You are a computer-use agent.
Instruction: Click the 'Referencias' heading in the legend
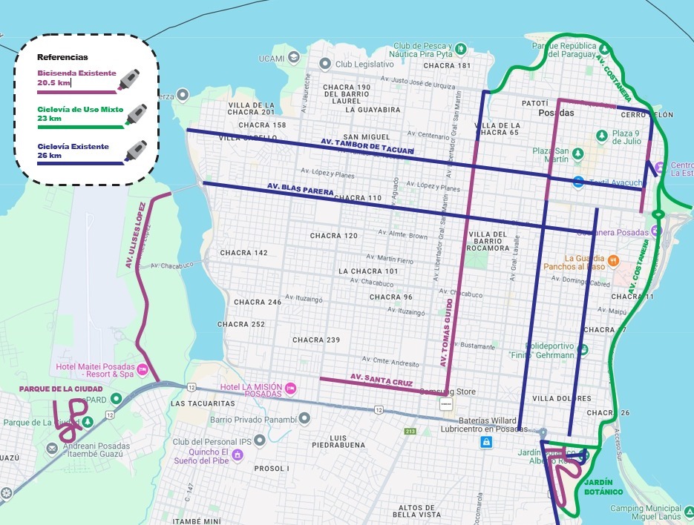pos(62,57)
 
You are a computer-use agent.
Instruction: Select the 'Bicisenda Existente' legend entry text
pos(76,73)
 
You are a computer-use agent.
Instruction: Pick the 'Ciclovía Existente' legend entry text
pos(73,146)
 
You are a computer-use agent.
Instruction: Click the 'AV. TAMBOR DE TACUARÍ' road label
pos(367,145)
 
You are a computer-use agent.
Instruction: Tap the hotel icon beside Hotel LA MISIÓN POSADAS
pos(291,388)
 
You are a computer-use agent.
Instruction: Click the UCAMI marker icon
pos(294,56)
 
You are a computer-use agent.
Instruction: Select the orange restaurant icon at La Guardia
pos(613,260)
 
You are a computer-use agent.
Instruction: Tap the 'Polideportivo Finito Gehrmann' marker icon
pos(530,345)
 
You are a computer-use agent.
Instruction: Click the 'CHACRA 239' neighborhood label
pos(316,340)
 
